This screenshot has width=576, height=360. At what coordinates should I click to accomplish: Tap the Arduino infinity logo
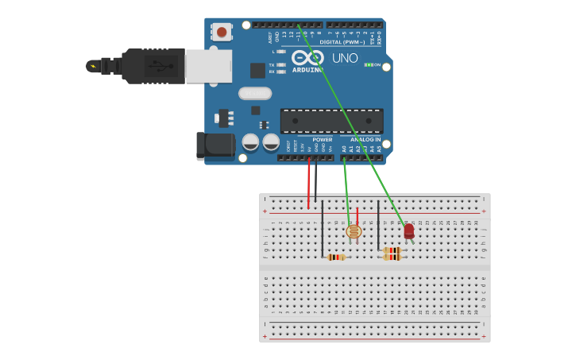[x=307, y=58]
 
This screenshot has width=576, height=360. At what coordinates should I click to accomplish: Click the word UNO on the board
[x=344, y=58]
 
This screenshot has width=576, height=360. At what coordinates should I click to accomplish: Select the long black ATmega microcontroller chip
[x=331, y=120]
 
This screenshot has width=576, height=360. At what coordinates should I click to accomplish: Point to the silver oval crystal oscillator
[x=255, y=93]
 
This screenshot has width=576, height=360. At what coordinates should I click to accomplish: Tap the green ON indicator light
[x=369, y=64]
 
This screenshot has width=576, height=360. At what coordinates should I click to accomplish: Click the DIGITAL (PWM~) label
[x=352, y=42]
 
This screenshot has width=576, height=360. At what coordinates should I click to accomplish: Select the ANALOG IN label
[x=366, y=139]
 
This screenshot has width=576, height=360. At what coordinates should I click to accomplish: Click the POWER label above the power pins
[x=322, y=139]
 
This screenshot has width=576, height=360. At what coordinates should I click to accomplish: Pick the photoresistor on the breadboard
[x=354, y=231]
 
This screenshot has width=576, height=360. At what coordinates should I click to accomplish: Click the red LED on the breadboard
[x=408, y=230]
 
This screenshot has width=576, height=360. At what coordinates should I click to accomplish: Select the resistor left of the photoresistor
[x=336, y=257]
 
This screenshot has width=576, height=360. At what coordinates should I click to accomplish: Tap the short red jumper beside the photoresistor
[x=358, y=215]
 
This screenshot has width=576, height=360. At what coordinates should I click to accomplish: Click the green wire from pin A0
[x=346, y=191]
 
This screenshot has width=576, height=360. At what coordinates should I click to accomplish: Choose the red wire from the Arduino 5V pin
[x=308, y=183]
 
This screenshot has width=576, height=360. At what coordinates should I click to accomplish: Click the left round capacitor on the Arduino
[x=250, y=142]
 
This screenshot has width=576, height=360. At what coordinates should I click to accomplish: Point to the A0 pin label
[x=344, y=148]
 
